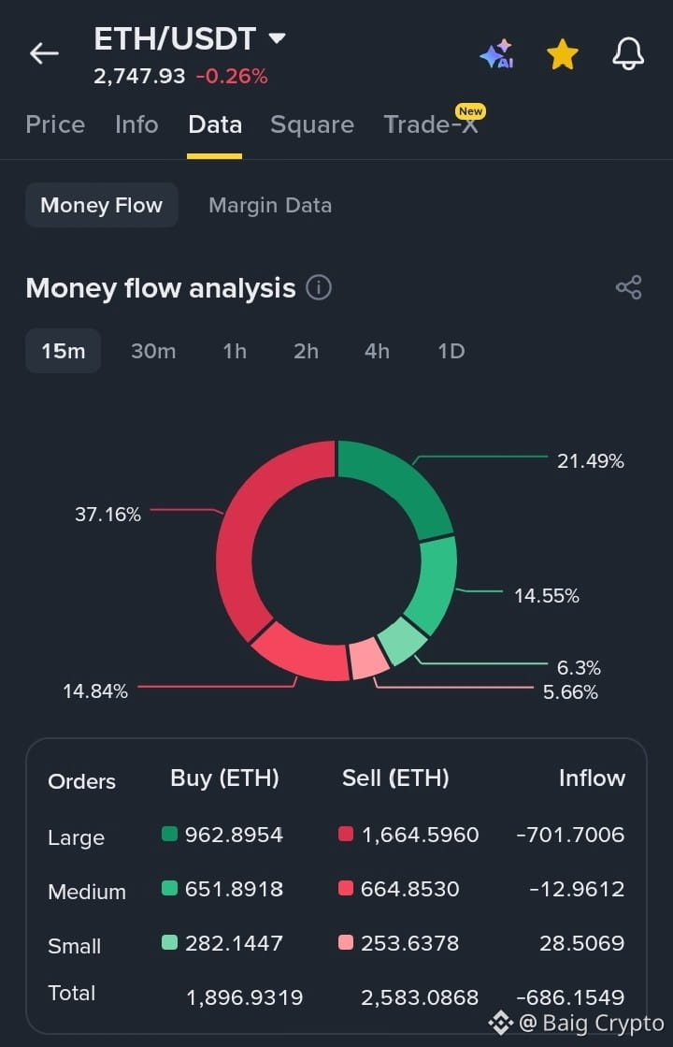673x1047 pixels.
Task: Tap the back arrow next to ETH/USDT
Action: pos(44,53)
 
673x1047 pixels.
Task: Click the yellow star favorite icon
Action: pos(563,54)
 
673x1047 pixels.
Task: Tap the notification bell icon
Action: pos(628,53)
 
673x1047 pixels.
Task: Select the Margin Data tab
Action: pos(270,205)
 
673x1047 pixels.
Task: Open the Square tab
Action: pos(312,124)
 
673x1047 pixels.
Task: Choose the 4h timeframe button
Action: pos(377,351)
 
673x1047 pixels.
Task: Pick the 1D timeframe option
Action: pos(451,351)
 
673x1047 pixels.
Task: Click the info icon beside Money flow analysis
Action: pos(319,288)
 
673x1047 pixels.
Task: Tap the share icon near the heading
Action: pos(628,287)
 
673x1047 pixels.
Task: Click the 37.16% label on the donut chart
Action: pos(108,515)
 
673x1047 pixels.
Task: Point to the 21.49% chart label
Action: pos(591,460)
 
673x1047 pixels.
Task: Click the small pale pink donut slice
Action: pos(368,659)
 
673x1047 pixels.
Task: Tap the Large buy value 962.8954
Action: pos(234,835)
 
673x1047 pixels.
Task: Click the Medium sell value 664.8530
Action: pos(409,889)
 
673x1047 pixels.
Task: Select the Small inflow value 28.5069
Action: pos(581,943)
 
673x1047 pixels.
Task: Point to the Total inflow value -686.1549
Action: pos(570,996)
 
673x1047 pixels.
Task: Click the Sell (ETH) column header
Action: pos(395,778)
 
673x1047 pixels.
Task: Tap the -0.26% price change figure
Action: pos(232,76)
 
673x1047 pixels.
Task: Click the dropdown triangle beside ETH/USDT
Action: pos(277,38)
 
